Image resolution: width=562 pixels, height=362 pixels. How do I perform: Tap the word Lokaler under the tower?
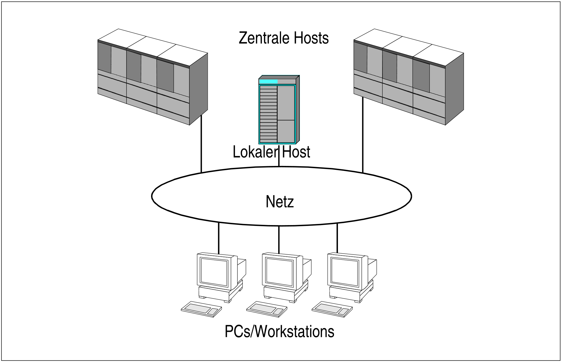(x=255, y=152)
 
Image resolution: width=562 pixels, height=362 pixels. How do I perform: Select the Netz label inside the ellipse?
(x=280, y=201)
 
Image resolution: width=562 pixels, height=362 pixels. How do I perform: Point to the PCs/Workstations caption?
(x=279, y=332)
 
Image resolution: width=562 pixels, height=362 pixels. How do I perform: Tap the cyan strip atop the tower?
(x=268, y=81)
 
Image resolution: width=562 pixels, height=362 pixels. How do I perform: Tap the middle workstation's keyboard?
(x=267, y=309)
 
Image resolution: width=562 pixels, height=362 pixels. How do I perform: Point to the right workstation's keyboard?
(x=332, y=309)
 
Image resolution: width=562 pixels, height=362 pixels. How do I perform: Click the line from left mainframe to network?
(x=201, y=144)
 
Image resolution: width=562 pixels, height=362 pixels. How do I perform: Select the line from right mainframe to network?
(x=362, y=135)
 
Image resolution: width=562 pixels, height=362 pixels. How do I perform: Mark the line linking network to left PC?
(x=219, y=238)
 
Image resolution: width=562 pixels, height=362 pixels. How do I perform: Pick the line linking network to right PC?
(x=337, y=238)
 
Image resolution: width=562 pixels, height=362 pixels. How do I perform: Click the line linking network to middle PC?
(x=279, y=239)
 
